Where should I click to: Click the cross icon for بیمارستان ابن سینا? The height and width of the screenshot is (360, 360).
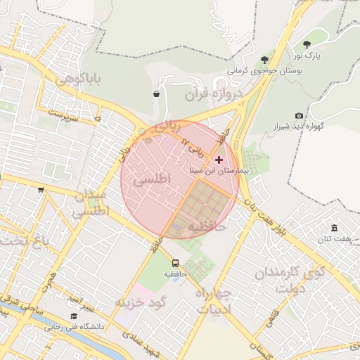click(x=219, y=160)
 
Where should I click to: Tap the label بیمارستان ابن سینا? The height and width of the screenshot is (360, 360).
click(x=219, y=171)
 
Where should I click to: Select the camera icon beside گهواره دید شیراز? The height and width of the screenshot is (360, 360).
click(x=300, y=115)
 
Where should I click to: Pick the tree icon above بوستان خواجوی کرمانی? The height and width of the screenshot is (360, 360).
click(x=264, y=59)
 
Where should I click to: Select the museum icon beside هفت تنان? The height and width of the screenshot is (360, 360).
click(x=334, y=229)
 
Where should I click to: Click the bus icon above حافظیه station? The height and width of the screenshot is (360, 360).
click(x=167, y=263)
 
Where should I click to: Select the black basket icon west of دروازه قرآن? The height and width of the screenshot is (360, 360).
click(x=155, y=94)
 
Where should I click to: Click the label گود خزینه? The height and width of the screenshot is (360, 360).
click(x=140, y=303)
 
